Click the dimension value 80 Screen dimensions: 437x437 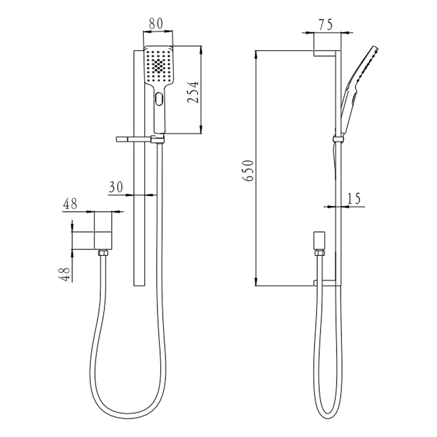(156, 24)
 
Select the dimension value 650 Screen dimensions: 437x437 (248, 170)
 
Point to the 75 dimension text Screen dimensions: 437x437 (326, 24)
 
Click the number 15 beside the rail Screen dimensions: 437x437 (354, 198)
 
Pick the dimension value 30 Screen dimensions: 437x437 (116, 187)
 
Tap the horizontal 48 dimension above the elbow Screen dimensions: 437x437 (70, 204)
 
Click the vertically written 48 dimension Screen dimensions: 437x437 (64, 274)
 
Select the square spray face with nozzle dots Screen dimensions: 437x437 (159, 65)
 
